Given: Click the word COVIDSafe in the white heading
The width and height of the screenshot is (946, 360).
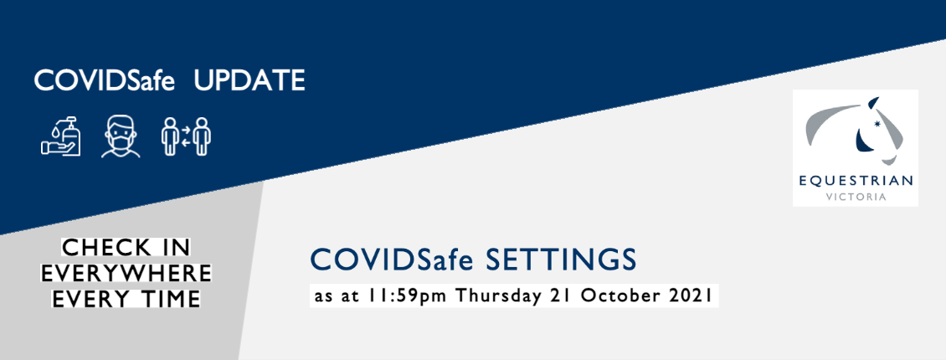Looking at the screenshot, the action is (104, 81).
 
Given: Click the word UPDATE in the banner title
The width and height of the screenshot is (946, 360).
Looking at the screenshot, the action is (249, 81).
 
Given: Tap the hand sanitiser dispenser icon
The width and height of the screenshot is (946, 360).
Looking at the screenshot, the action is (61, 136).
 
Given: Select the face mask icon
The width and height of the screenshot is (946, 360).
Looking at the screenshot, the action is (121, 137).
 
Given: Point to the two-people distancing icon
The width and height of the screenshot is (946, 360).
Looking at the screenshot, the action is (186, 136).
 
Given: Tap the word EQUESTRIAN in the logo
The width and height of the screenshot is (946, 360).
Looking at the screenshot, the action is (856, 181).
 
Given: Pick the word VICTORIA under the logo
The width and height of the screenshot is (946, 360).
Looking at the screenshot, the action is (856, 198).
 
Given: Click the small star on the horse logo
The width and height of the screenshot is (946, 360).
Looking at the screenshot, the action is (878, 125).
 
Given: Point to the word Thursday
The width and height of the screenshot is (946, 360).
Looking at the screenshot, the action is (500, 297).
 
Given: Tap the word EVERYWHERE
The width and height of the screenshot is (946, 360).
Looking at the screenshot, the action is (126, 273).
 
